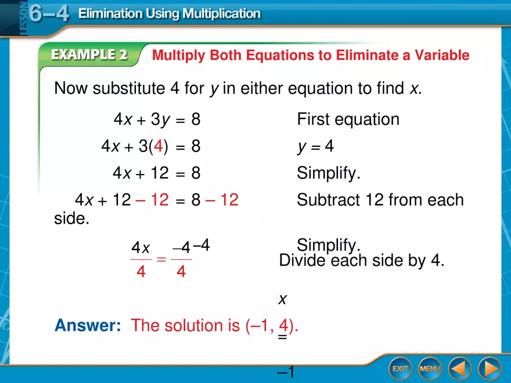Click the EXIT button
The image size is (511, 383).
400,368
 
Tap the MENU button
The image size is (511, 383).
430,368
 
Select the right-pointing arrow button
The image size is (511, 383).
489,368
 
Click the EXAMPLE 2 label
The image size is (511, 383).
90,55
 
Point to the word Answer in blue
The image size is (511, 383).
88,326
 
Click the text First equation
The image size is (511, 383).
348,120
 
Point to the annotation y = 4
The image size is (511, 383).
315,147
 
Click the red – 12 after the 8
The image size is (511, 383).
222,200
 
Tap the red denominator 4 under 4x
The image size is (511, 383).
141,271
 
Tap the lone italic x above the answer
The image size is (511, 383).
283,299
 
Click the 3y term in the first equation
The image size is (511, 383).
160,120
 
